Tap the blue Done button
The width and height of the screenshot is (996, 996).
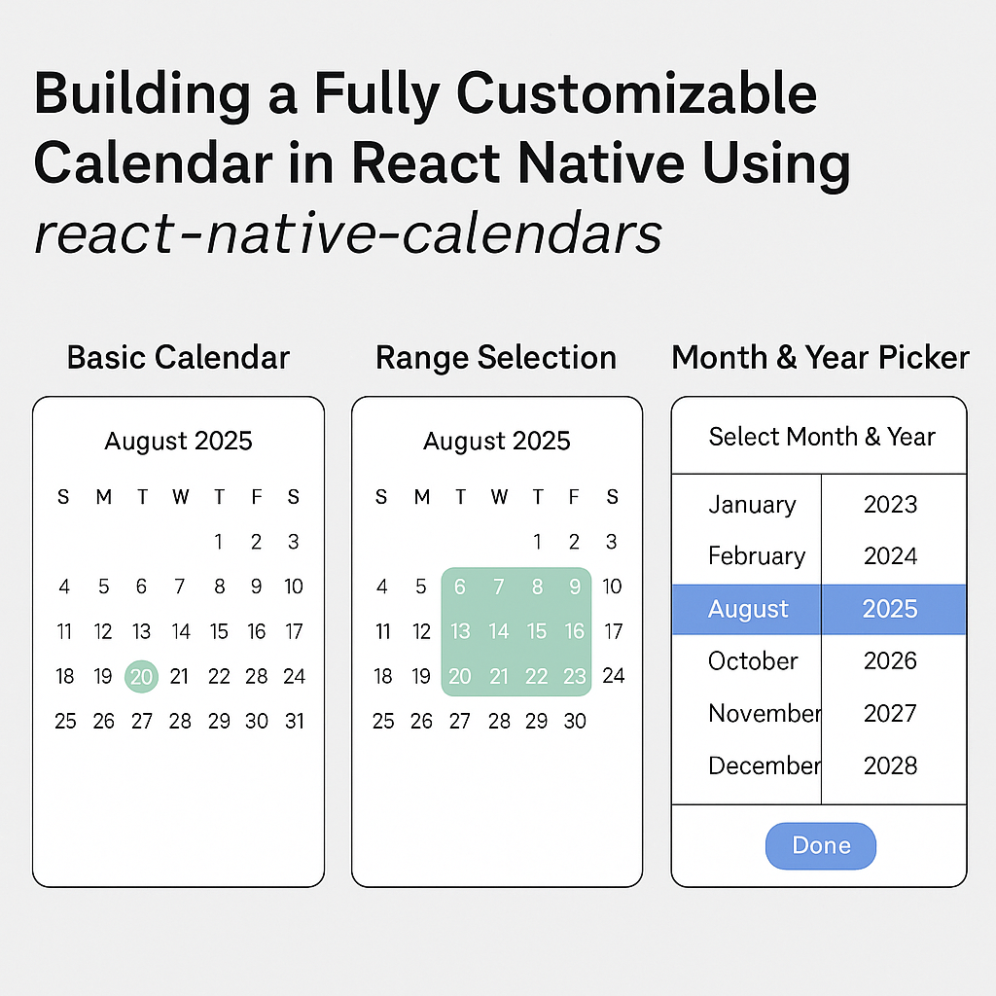[x=820, y=845]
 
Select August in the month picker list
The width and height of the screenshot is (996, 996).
[x=748, y=609]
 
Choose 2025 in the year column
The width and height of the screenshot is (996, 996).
[x=890, y=609]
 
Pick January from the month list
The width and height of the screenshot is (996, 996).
[x=752, y=504]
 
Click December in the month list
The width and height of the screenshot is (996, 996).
[x=765, y=765]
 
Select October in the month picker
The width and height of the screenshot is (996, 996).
[x=753, y=661]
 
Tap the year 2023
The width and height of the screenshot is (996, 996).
[x=890, y=504]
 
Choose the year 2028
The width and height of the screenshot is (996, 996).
[x=890, y=765]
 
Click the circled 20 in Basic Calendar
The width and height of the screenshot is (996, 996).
[x=142, y=676]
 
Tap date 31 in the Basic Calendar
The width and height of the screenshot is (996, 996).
[x=294, y=721]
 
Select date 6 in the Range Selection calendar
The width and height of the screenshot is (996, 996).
[x=460, y=587]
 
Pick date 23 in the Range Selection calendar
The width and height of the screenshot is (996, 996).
[x=575, y=676]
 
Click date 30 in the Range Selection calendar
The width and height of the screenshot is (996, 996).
[x=575, y=721]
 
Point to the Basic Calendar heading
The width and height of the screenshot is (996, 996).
[x=178, y=357]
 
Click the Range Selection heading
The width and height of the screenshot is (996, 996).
[x=496, y=357]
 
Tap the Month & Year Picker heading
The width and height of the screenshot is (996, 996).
[x=820, y=357]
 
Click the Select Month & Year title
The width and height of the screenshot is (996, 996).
[x=821, y=437]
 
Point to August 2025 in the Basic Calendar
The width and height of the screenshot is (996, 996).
[x=178, y=441]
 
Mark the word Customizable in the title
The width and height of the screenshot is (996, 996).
[x=637, y=95]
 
